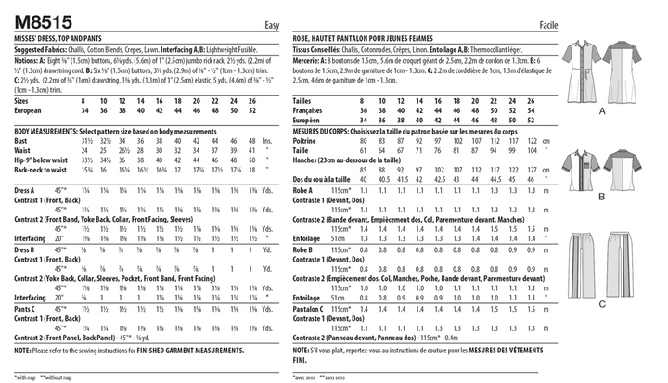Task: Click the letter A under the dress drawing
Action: click(601, 110)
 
